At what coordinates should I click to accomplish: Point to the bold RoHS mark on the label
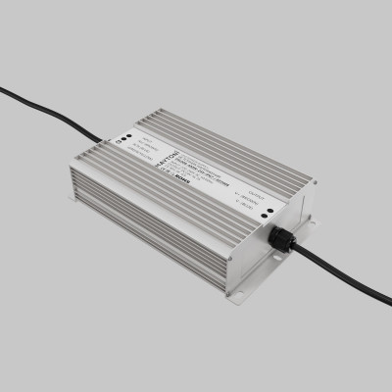coord(182,181)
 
